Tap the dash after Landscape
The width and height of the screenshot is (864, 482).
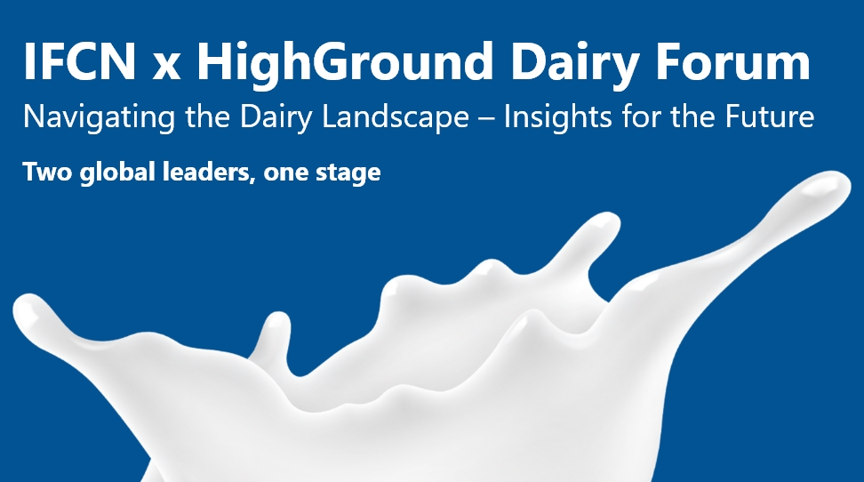484,117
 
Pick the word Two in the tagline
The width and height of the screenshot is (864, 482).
44,172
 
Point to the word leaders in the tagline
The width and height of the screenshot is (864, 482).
197,172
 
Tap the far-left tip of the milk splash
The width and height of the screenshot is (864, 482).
21,308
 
